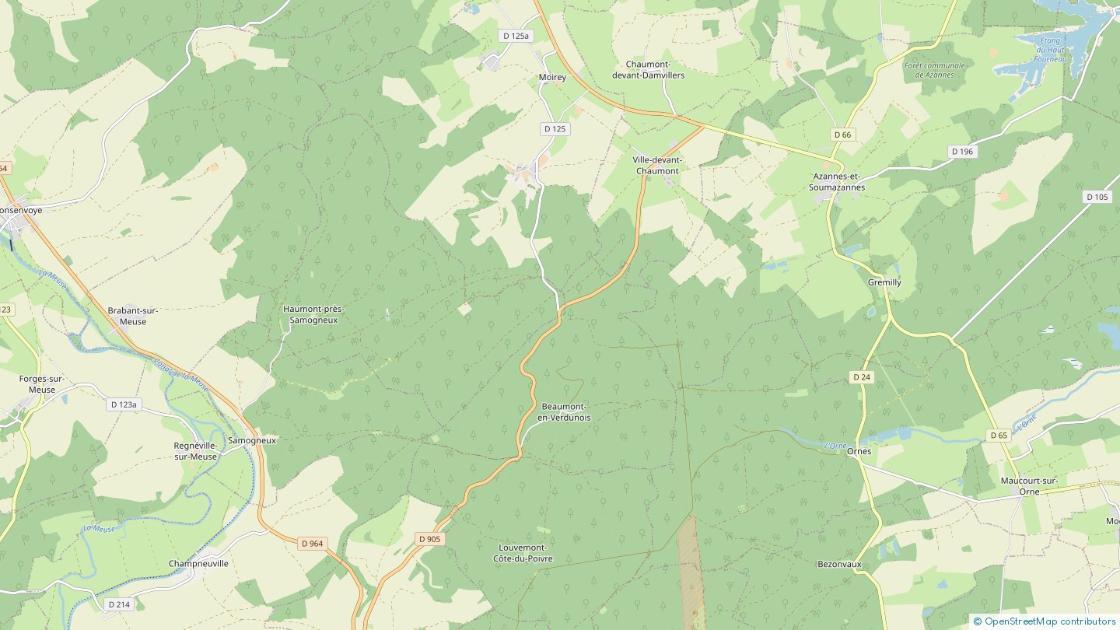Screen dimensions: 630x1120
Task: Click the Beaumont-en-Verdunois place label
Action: tap(564, 412)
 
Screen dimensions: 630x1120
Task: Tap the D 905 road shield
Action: tap(429, 539)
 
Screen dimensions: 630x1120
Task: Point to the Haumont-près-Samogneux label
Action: tap(313, 314)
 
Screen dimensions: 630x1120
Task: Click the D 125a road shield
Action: tap(515, 36)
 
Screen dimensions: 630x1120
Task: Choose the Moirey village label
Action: tap(552, 78)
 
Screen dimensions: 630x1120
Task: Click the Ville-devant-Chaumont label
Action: tap(657, 165)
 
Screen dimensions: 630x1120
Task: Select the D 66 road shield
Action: tap(842, 135)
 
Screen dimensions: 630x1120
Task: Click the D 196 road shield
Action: tap(962, 151)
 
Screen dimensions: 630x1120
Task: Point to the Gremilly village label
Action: tap(884, 282)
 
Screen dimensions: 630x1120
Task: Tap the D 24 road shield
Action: tap(860, 377)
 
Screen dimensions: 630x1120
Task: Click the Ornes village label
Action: tap(859, 451)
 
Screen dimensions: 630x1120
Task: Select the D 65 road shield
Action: tap(999, 435)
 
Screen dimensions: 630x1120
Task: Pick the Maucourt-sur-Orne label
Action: tap(1029, 485)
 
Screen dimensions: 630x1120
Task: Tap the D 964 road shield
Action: tap(311, 544)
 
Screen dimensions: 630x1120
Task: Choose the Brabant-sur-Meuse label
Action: tap(127, 316)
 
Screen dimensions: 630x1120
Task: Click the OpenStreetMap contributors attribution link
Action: tap(1049, 621)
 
